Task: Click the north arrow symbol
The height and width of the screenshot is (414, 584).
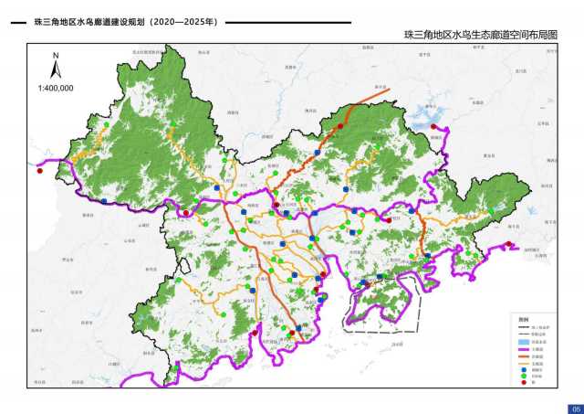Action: pyautogui.click(x=56, y=71)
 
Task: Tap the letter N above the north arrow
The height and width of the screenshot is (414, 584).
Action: pyautogui.click(x=56, y=57)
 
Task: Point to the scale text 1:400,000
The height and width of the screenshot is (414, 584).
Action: pyautogui.click(x=56, y=88)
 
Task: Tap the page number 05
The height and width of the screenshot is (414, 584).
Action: pyautogui.click(x=575, y=408)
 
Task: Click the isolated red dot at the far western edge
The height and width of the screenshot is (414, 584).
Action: pyautogui.click(x=39, y=169)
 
